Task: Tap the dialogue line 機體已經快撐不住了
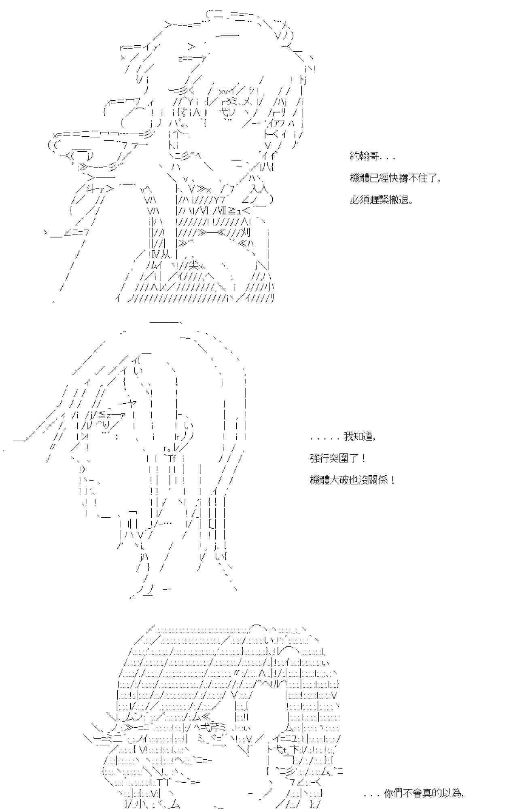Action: click(394, 178)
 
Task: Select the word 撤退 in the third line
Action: click(400, 200)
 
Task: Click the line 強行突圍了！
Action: click(338, 458)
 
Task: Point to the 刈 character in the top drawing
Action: click(246, 233)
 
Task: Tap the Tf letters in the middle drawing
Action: click(172, 458)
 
